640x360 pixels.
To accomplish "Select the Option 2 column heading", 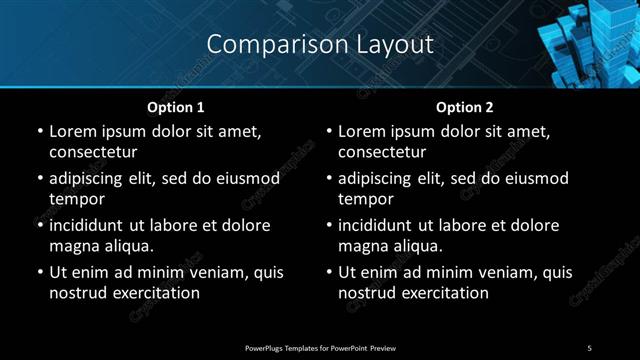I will [464, 106].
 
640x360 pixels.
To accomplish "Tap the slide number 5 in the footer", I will [590, 347].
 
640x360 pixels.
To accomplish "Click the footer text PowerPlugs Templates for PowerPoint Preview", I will [320, 347].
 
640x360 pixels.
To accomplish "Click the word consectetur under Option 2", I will [382, 152].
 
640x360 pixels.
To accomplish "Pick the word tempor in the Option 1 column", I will [77, 198].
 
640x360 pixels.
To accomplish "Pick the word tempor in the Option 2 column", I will [367, 198].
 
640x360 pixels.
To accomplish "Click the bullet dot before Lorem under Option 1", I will [39, 131].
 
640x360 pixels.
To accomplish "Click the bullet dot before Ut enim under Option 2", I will [328, 272].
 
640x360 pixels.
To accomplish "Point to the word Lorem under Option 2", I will [363, 131].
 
